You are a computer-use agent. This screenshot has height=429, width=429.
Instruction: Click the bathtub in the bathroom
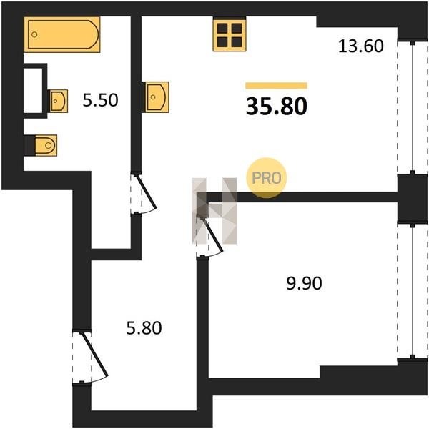tap(62, 34)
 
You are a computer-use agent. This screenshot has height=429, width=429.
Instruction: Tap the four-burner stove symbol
tap(230, 34)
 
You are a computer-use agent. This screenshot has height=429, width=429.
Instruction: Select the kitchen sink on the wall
tap(155, 97)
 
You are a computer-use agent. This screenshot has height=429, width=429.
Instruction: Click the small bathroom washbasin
tap(58, 101)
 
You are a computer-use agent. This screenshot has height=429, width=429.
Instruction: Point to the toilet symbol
tap(46, 145)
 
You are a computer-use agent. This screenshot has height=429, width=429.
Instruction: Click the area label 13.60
tap(360, 46)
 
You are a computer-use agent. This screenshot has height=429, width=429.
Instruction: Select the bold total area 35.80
tap(276, 107)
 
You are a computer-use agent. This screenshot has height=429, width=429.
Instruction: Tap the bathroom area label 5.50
tap(100, 100)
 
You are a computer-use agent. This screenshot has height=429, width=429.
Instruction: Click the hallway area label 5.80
tap(144, 328)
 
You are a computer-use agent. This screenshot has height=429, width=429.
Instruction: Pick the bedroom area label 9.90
tap(304, 283)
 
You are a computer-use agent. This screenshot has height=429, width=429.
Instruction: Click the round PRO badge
tap(267, 178)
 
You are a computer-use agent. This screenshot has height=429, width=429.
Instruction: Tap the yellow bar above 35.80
tap(276, 86)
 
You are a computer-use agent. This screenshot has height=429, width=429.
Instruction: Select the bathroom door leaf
tap(146, 192)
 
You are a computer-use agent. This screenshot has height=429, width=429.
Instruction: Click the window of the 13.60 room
tap(413, 107)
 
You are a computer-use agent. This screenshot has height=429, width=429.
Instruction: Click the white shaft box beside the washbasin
tap(33, 91)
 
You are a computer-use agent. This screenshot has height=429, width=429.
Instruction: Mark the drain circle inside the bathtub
tap(34, 34)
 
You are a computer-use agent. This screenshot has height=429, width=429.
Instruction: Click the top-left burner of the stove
tap(222, 28)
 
